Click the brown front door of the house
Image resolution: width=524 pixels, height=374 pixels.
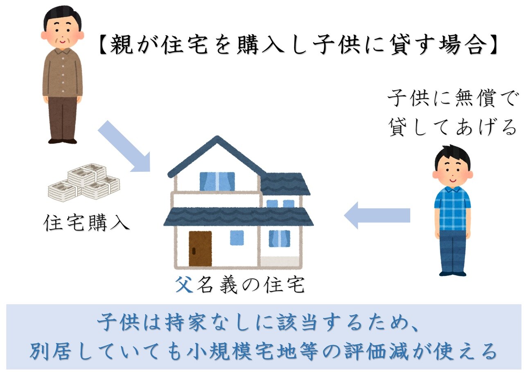(200, 249)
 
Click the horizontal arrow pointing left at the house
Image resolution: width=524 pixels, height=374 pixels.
(377, 215)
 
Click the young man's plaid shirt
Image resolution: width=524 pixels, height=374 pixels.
(452, 208)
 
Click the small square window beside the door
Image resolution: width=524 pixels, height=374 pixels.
(237, 238)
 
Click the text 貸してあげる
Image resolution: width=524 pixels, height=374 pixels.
(452, 128)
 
